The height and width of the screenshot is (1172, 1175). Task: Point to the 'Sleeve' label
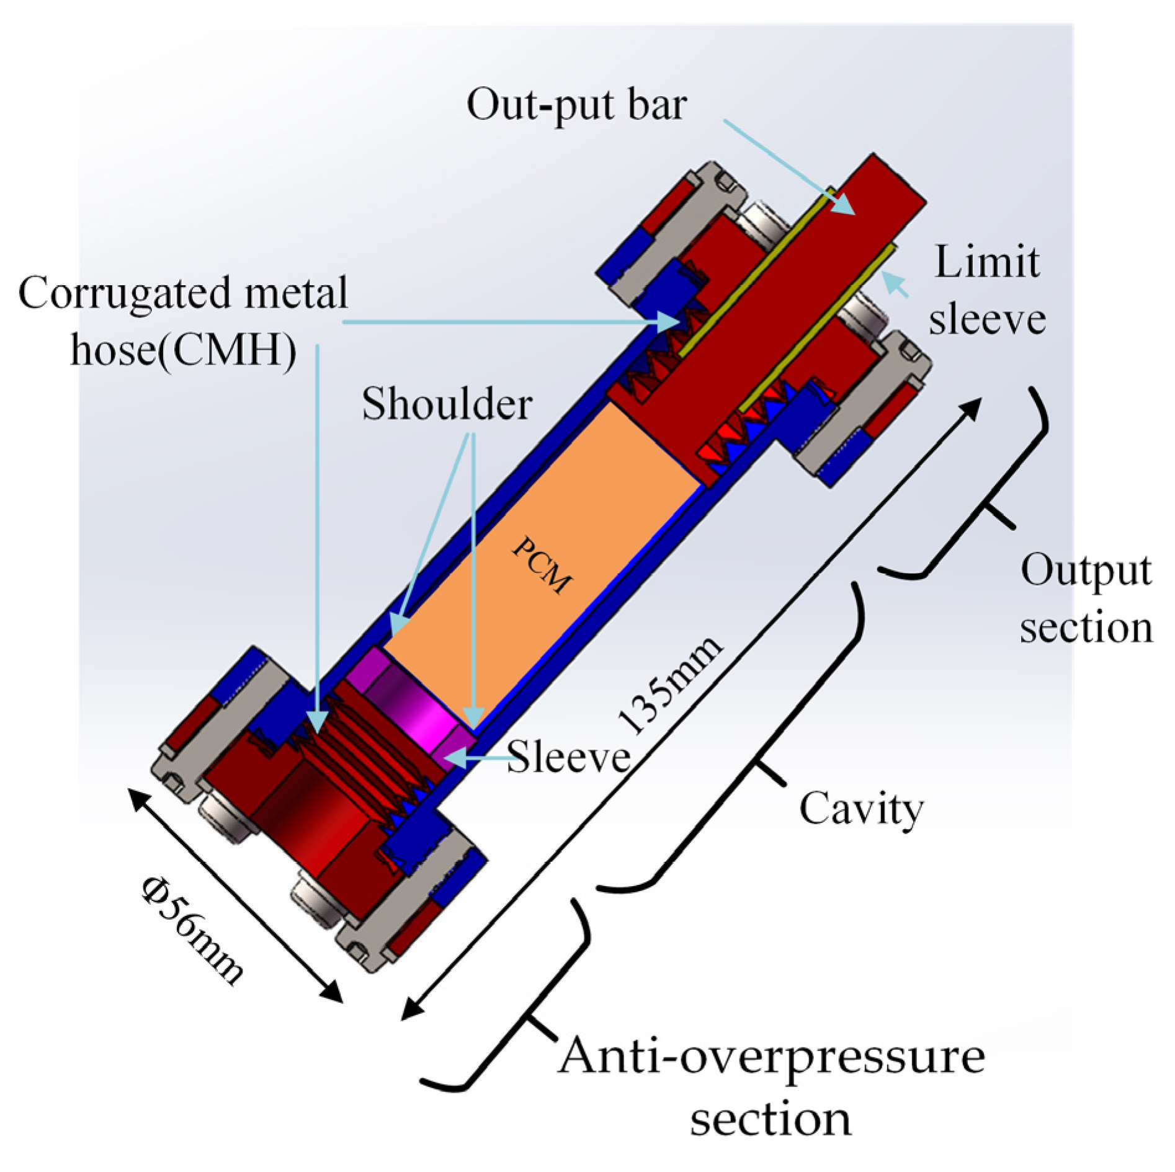click(568, 757)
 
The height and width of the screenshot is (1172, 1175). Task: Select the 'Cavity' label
click(860, 809)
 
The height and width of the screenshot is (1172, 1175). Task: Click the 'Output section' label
click(1086, 599)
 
